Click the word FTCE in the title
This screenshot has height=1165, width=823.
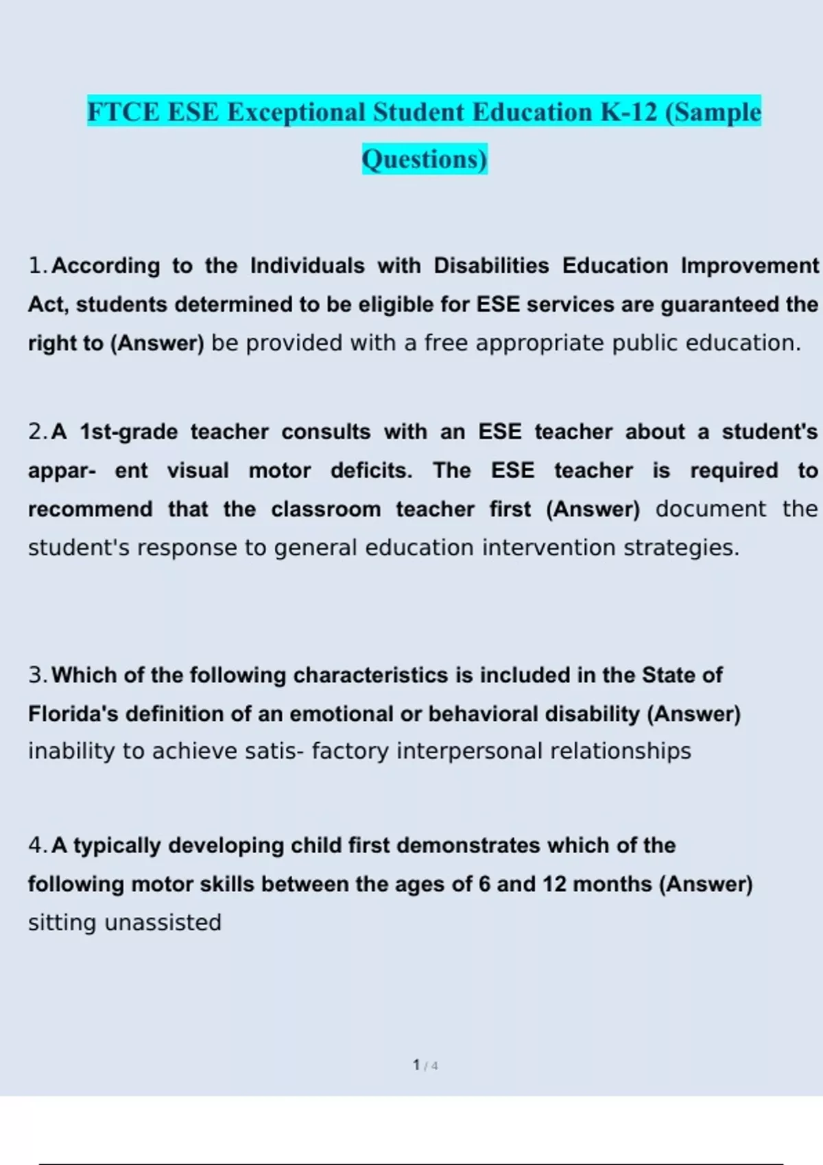pyautogui.click(x=123, y=112)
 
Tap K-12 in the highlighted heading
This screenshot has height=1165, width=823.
pyautogui.click(x=629, y=112)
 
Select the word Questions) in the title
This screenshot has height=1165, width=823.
pyautogui.click(x=425, y=159)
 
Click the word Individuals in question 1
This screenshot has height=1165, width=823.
pyautogui.click(x=307, y=265)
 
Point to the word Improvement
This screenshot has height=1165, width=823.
pyautogui.click(x=750, y=265)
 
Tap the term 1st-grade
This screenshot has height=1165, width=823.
pyautogui.click(x=129, y=432)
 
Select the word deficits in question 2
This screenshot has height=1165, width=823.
pyautogui.click(x=371, y=471)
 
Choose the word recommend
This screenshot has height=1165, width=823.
pyautogui.click(x=91, y=509)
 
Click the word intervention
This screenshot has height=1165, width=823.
pyautogui.click(x=549, y=548)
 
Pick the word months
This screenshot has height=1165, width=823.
pyautogui.click(x=612, y=884)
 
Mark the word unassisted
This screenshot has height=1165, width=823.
pyautogui.click(x=163, y=922)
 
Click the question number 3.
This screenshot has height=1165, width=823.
pyautogui.click(x=37, y=675)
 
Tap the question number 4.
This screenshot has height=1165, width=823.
pyautogui.click(x=37, y=846)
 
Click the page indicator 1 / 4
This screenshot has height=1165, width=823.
pyautogui.click(x=425, y=1065)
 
